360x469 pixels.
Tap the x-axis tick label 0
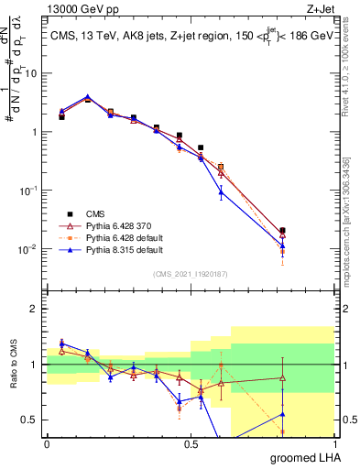(47, 444)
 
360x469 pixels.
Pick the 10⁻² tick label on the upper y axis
(27, 249)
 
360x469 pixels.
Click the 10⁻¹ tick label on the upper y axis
(27, 191)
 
